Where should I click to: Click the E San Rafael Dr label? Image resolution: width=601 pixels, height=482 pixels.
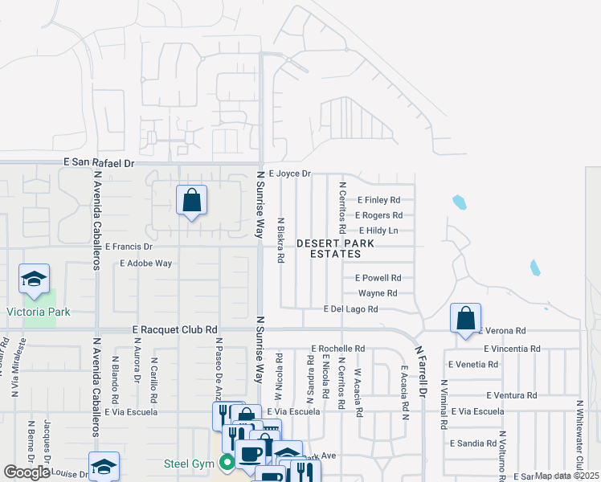pos(100,162)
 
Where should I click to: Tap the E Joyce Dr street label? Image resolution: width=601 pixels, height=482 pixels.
pos(289,173)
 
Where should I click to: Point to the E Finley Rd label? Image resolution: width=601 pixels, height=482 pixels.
pos(378,200)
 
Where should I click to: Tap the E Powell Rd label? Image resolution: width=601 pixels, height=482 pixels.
pos(378,278)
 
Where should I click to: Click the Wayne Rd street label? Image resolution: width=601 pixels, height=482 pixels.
pos(378,293)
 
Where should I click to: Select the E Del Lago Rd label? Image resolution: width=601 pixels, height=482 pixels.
pos(350,308)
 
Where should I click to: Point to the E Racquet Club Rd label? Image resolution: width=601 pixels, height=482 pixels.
pos(175,329)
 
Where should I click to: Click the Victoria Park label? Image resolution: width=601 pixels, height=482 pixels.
pos(39,312)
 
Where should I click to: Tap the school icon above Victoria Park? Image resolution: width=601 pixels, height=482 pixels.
pos(34,279)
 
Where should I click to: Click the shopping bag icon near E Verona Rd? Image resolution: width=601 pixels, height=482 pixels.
pos(466,318)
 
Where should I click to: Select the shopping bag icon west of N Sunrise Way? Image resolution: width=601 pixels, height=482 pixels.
pos(192,201)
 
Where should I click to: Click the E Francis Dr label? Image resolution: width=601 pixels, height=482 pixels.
pos(128,247)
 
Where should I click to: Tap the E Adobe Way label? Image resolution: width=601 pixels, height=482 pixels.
pos(145,263)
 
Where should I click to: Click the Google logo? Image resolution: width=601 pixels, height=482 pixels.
pos(27,472)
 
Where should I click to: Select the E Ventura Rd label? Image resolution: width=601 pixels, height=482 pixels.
pos(511,395)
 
